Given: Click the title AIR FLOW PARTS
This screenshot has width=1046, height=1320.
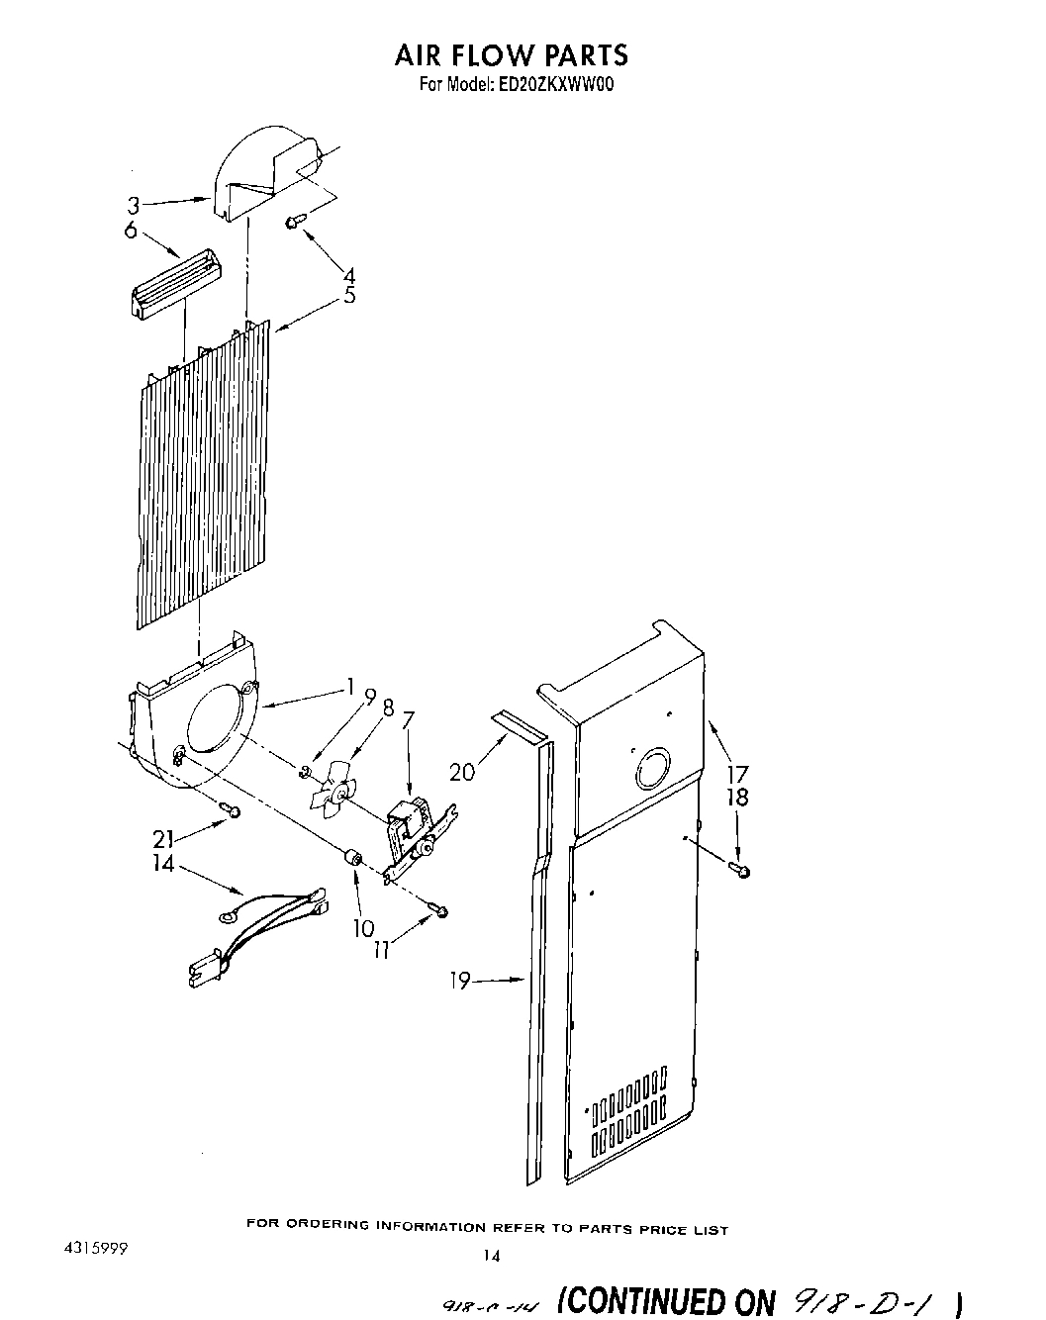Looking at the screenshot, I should (x=511, y=54).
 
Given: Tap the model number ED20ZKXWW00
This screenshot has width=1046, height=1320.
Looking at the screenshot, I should (x=552, y=85).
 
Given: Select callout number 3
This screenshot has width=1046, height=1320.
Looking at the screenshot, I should (x=133, y=206).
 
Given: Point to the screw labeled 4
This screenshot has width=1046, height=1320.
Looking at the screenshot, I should (x=293, y=223).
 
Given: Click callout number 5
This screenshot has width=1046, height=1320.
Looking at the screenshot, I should (x=349, y=295).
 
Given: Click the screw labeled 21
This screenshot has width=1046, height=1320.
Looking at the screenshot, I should (x=234, y=810).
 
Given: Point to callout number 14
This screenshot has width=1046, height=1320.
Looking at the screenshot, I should (x=163, y=863).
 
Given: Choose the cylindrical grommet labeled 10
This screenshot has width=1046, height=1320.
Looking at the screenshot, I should (x=351, y=859).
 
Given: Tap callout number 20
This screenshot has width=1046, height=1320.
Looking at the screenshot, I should (x=462, y=772).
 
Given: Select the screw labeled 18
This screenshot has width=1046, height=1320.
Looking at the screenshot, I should (x=741, y=869).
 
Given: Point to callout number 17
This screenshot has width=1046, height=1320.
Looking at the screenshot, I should (x=738, y=774).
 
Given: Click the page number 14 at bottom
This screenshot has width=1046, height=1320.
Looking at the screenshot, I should (x=492, y=1256).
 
